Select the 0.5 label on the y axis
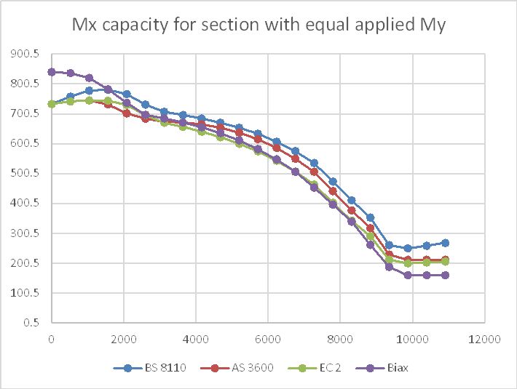[32, 323]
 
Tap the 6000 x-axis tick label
[268, 339]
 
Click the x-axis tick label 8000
[340, 339]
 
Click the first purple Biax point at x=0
[52, 72]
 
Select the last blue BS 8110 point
[445, 242]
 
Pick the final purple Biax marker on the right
[445, 275]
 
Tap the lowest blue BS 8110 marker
[408, 248]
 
